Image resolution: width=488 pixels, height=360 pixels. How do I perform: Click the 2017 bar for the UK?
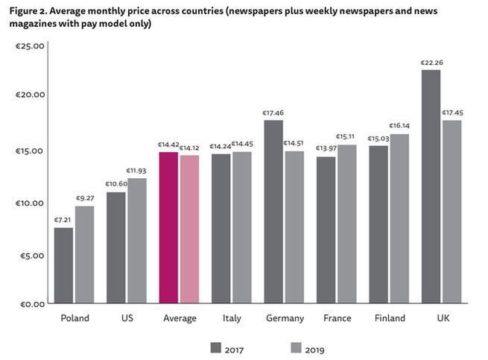(x=431, y=186)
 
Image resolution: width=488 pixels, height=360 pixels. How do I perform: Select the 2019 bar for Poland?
(x=85, y=254)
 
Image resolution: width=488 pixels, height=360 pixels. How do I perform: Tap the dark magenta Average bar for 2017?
(x=168, y=227)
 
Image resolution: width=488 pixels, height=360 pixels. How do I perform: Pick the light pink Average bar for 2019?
(x=189, y=229)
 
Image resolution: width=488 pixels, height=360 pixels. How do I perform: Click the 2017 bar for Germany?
(x=273, y=212)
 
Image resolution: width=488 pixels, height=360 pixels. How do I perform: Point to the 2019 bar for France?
(x=347, y=224)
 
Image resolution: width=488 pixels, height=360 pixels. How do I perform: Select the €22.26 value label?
(x=431, y=63)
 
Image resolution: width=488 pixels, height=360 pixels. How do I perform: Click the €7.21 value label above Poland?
(x=63, y=221)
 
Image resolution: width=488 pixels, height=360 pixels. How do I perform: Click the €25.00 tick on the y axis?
(x=31, y=45)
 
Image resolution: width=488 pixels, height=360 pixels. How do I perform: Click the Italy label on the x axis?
(x=232, y=318)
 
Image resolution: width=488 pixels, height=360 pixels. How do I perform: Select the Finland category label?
(x=389, y=318)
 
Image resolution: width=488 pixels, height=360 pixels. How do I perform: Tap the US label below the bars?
(x=127, y=318)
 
